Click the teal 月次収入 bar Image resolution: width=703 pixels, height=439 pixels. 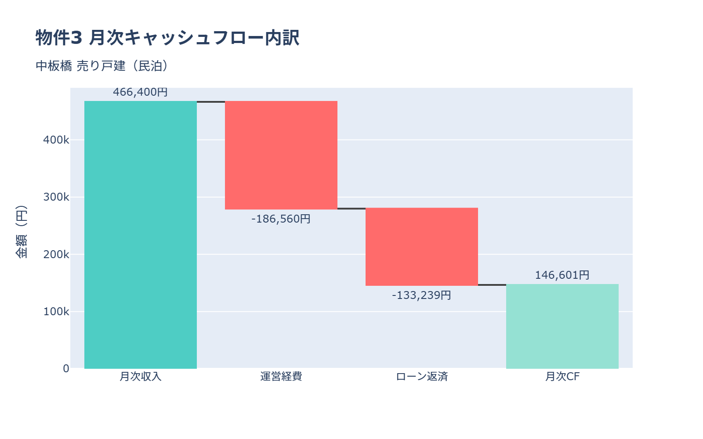[141, 235]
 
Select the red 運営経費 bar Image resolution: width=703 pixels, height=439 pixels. [281, 155]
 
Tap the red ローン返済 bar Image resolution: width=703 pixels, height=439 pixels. [422, 247]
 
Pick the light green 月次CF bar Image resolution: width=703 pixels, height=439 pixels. [562, 326]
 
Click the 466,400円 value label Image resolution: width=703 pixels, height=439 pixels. [140, 92]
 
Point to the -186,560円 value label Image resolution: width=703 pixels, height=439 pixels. [281, 219]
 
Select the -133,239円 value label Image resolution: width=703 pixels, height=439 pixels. [421, 295]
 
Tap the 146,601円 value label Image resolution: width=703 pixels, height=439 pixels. [562, 275]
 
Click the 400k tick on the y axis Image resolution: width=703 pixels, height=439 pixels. [56, 140]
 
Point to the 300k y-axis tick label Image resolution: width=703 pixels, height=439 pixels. [56, 197]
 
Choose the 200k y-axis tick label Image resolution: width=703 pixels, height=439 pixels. [56, 254]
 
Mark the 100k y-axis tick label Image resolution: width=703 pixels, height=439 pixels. [56, 312]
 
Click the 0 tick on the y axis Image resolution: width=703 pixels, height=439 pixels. [66, 369]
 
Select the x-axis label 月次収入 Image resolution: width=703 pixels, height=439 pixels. [141, 377]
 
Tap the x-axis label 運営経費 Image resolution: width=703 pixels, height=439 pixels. [281, 377]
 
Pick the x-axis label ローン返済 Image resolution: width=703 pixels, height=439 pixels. [422, 377]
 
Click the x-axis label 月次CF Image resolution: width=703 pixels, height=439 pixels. [562, 377]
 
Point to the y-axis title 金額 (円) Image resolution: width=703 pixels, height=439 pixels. [21, 231]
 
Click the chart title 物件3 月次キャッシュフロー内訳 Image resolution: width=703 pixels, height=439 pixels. [167, 38]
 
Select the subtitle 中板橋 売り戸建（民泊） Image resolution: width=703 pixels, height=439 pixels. [102, 66]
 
